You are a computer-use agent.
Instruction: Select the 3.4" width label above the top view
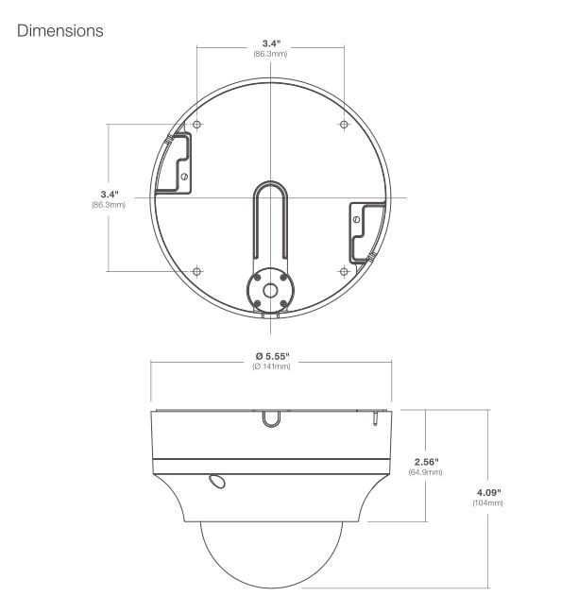(270, 43)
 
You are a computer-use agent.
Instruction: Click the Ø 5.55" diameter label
(271, 355)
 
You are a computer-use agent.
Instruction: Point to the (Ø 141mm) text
(271, 366)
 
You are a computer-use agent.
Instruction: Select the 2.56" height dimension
(428, 461)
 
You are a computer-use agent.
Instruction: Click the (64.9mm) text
(428, 471)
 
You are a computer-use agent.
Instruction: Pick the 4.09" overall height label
(487, 492)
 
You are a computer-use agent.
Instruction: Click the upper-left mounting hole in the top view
(196, 126)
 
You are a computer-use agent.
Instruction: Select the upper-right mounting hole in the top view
(344, 126)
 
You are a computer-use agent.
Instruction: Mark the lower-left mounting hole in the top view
(196, 270)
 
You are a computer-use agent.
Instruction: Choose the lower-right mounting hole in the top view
(344, 270)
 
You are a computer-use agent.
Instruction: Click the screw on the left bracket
(185, 176)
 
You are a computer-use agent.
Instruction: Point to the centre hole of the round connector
(270, 289)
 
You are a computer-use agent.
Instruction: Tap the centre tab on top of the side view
(270, 415)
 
